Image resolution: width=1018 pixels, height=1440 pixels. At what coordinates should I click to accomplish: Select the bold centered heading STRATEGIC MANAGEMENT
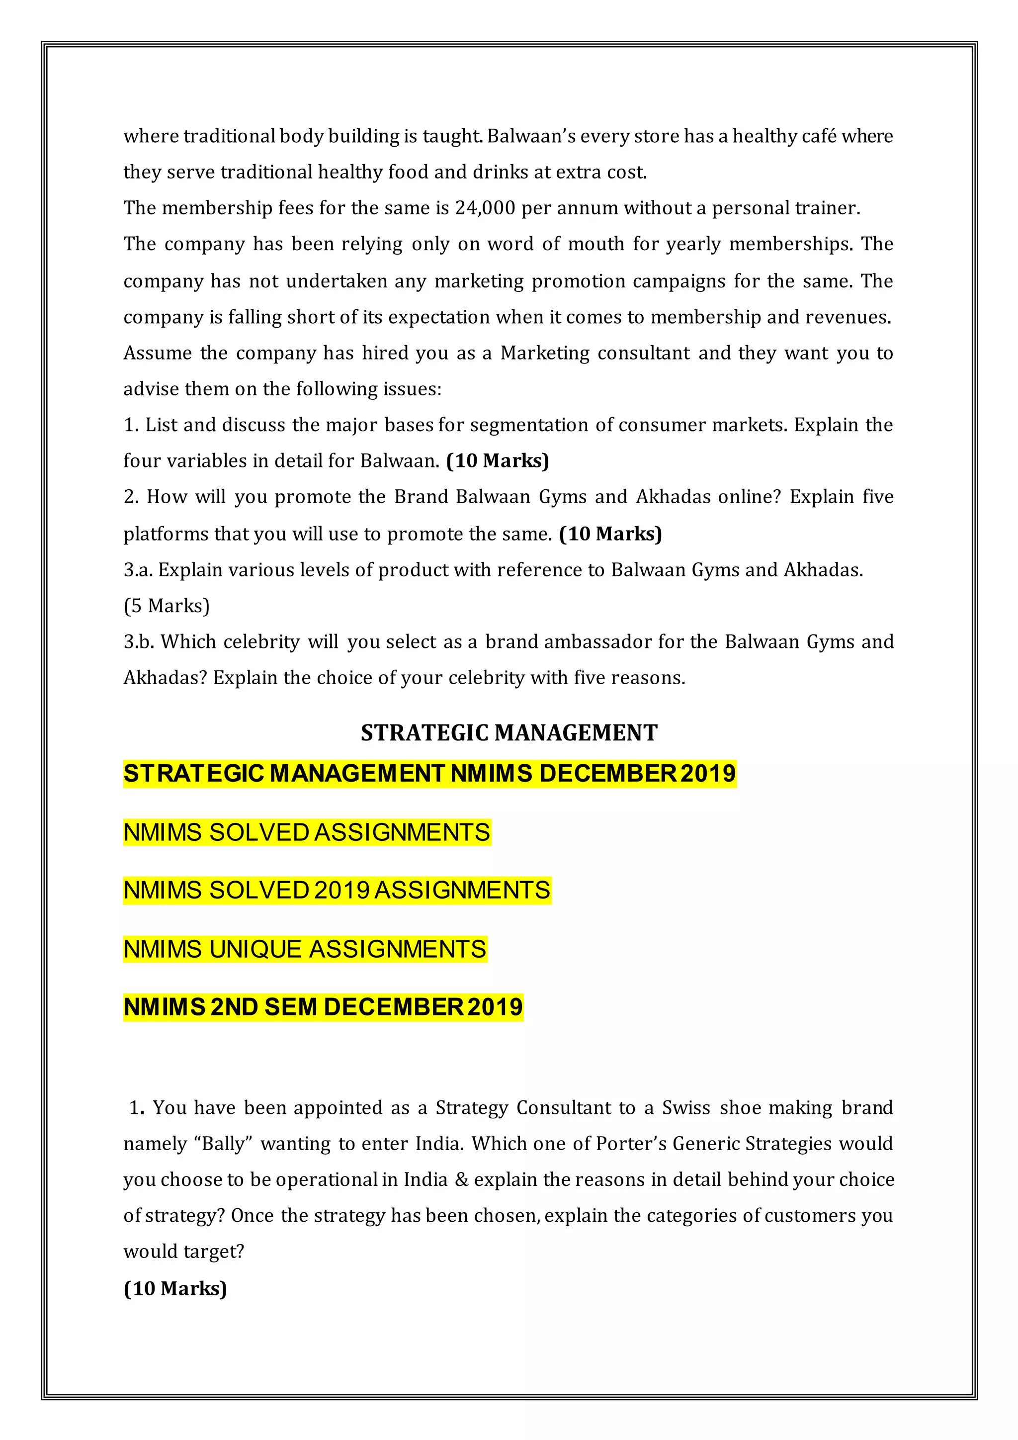click(509, 732)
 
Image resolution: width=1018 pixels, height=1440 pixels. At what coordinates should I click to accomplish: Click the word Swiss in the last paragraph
click(686, 1107)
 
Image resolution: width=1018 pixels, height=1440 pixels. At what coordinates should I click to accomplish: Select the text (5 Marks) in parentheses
click(167, 606)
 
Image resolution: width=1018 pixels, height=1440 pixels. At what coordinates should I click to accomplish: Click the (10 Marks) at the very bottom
click(175, 1288)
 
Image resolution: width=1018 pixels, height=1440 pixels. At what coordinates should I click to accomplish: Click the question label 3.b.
click(139, 641)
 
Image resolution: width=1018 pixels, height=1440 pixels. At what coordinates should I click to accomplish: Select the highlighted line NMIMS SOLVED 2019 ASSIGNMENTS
click(337, 891)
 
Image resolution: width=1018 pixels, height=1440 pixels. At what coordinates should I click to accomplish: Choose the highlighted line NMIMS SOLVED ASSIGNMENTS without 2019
click(307, 832)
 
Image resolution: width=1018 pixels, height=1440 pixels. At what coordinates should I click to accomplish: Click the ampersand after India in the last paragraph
click(461, 1180)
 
